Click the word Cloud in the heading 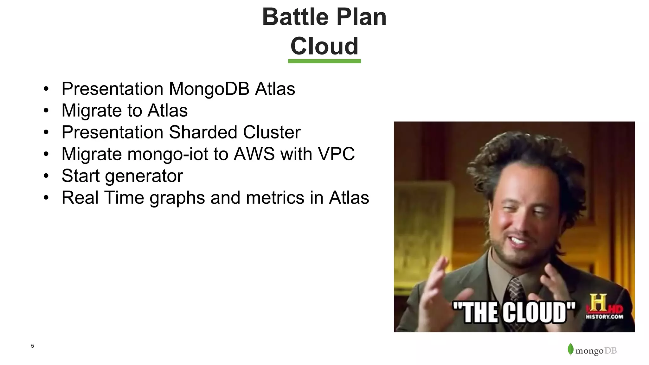point(324,46)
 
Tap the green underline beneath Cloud point(324,61)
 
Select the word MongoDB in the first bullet point(209,89)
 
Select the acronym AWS point(254,154)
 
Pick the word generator point(144,176)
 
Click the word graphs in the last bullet point(177,198)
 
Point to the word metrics point(275,198)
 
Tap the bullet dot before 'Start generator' point(46,176)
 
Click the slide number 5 point(32,346)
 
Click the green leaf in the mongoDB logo point(570,349)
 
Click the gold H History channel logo point(598,303)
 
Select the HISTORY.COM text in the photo point(604,317)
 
